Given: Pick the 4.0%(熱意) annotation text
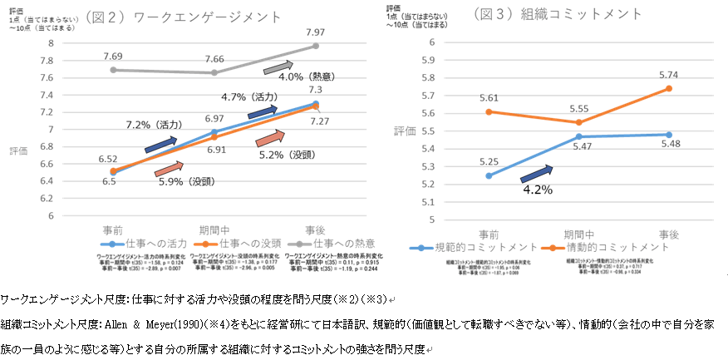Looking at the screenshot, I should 306,77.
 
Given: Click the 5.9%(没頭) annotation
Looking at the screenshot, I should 188,180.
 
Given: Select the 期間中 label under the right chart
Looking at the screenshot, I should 573,233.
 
